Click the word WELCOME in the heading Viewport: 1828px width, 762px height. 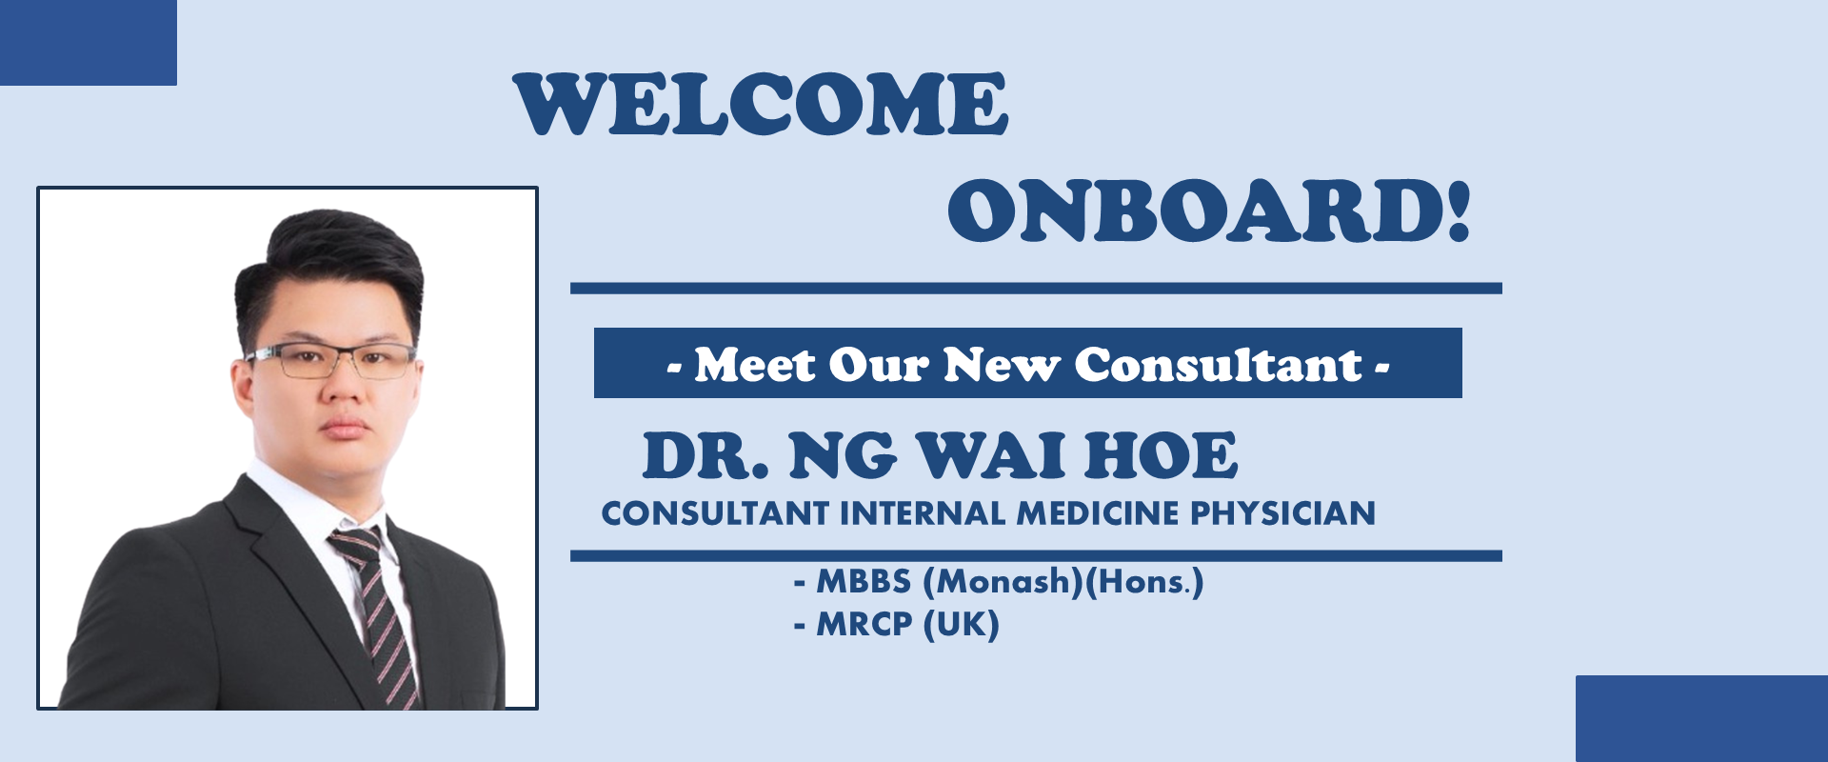pyautogui.click(x=761, y=104)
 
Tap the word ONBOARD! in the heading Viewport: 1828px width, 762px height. pyautogui.click(x=1209, y=211)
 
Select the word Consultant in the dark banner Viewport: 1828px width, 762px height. pyautogui.click(x=1219, y=364)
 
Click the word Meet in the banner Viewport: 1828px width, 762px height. pyautogui.click(x=755, y=365)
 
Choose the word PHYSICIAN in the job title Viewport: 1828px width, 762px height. pyautogui.click(x=1283, y=513)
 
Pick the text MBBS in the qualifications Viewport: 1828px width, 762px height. pyautogui.click(x=864, y=581)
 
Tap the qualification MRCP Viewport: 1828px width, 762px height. pyautogui.click(x=864, y=625)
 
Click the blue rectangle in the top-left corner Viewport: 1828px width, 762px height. pyautogui.click(x=89, y=43)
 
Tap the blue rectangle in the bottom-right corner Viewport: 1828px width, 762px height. pyautogui.click(x=1701, y=719)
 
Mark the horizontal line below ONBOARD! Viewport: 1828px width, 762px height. pyautogui.click(x=1036, y=289)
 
